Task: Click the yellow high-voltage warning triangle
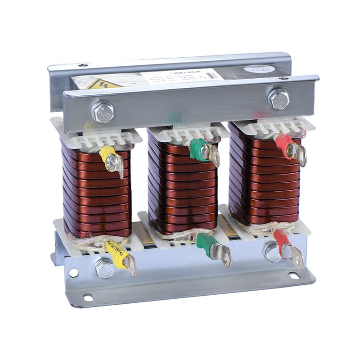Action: click(x=103, y=84)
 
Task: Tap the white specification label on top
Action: click(x=182, y=76)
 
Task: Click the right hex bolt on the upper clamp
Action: click(x=279, y=98)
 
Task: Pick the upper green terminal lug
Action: click(x=202, y=150)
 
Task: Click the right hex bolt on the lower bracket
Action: click(x=272, y=252)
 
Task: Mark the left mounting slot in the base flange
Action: click(x=88, y=297)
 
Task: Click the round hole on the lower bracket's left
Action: click(x=73, y=273)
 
